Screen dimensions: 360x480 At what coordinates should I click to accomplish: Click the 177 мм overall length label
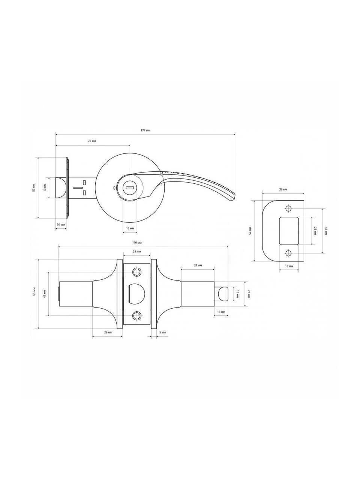(145, 130)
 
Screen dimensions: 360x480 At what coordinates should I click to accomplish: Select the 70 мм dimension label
(92, 141)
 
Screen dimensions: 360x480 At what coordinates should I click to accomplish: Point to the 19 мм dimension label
(45, 188)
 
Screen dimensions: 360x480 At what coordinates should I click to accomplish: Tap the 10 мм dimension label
(60, 225)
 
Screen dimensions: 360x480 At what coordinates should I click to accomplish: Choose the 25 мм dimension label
(136, 252)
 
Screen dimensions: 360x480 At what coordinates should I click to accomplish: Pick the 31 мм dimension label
(198, 265)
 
